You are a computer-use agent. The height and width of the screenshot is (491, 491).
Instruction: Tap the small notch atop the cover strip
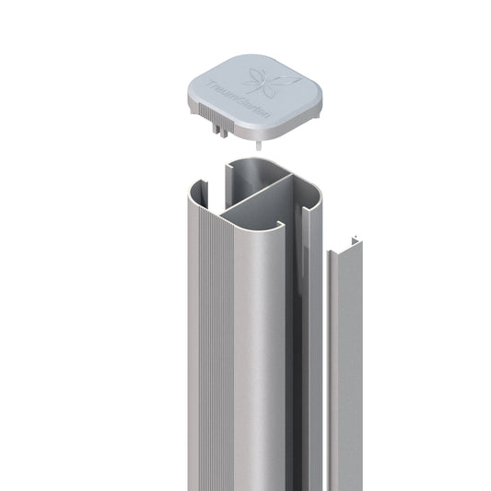[x=354, y=241]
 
